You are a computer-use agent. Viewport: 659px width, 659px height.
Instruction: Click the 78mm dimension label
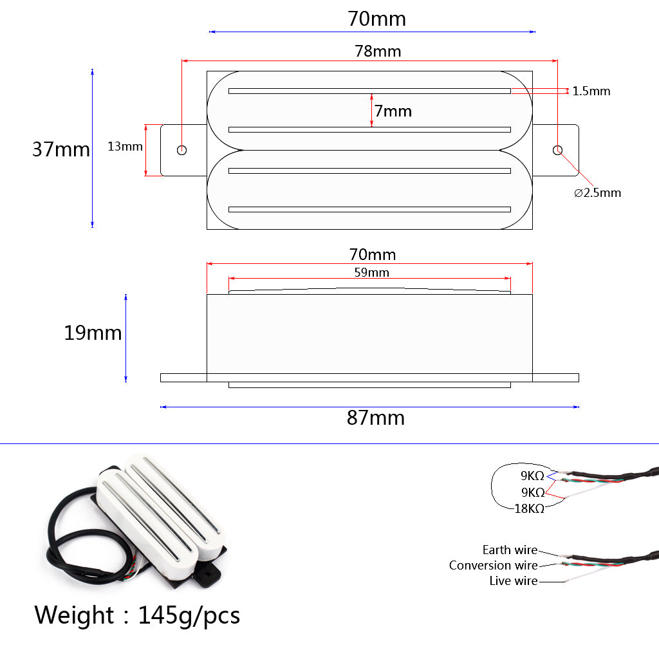click(378, 51)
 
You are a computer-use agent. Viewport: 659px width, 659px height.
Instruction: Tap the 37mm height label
click(61, 149)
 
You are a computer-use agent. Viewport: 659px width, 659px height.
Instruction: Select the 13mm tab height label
click(125, 146)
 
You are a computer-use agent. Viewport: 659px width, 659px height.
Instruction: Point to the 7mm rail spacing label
click(393, 111)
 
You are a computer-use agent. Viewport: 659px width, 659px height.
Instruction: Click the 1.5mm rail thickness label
click(591, 91)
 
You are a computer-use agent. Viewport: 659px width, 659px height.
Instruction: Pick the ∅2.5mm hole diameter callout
click(597, 193)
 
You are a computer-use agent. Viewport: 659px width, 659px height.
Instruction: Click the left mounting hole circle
click(181, 150)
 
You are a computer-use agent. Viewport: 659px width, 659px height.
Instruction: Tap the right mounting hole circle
click(557, 150)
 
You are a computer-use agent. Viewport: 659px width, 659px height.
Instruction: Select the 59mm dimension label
click(371, 272)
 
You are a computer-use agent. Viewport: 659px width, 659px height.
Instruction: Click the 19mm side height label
click(93, 333)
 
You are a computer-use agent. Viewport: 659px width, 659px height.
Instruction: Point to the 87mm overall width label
click(376, 418)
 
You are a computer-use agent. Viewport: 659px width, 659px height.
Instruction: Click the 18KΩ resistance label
click(529, 509)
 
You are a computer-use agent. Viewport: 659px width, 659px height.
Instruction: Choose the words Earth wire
click(510, 550)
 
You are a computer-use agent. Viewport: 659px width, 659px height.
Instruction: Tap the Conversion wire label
click(494, 565)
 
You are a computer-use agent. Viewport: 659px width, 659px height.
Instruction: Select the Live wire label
click(514, 581)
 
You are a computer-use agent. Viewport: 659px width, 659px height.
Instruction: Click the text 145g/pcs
click(189, 616)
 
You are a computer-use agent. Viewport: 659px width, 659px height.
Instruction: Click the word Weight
click(74, 616)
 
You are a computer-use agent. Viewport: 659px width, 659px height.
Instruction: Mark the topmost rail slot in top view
click(369, 91)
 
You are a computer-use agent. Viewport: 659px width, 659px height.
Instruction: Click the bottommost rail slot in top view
click(369, 209)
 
